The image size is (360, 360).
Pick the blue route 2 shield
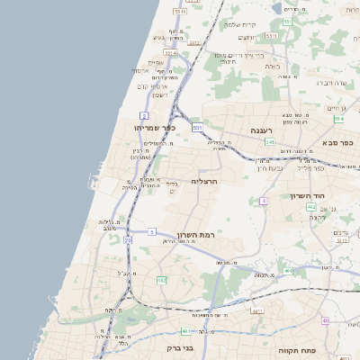[143, 116]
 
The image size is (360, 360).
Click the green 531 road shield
[197, 128]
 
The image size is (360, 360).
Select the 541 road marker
[268, 141]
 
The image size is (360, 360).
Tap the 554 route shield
[338, 118]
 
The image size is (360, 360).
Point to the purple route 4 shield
[263, 200]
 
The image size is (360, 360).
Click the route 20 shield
[128, 240]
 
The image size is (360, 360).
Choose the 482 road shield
[161, 281]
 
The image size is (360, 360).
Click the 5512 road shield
[180, 13]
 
